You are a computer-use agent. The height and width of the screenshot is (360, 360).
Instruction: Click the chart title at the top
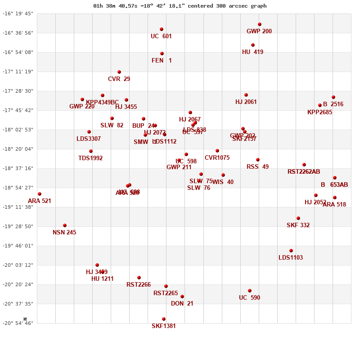[x=180, y=6]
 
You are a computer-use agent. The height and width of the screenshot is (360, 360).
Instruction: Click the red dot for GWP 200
[x=260, y=24]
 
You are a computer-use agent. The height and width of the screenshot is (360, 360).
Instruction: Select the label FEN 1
[x=162, y=61]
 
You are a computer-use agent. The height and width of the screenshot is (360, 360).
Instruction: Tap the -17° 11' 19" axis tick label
[x=18, y=72]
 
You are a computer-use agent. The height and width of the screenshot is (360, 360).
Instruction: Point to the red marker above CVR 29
[x=119, y=72]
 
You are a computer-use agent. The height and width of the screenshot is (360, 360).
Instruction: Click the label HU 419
[x=252, y=52]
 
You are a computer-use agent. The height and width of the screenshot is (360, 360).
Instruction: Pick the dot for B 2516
[x=333, y=97]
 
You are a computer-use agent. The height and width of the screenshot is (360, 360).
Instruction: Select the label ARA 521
[x=40, y=201]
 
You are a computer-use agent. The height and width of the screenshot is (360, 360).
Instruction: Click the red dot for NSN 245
[x=65, y=225]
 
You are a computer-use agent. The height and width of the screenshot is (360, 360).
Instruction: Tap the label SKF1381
[x=164, y=326]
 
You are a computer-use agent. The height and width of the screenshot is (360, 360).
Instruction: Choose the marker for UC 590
[x=250, y=291]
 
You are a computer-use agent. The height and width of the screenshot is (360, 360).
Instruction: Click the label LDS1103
[x=291, y=258]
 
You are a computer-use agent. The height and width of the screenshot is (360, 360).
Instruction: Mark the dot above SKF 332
[x=298, y=218]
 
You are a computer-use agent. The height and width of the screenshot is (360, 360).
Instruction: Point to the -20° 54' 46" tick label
[x=18, y=323]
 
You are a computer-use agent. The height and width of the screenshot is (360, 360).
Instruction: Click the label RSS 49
[x=257, y=167]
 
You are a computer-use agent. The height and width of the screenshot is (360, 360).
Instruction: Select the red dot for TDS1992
[x=91, y=151]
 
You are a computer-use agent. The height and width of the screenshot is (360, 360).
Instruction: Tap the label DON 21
[x=182, y=304]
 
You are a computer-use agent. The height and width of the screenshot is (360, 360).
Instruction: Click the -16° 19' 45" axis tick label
[x=18, y=13]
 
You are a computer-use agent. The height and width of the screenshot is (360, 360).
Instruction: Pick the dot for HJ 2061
[x=246, y=95]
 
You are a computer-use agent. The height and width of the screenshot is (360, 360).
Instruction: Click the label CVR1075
[x=217, y=158]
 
